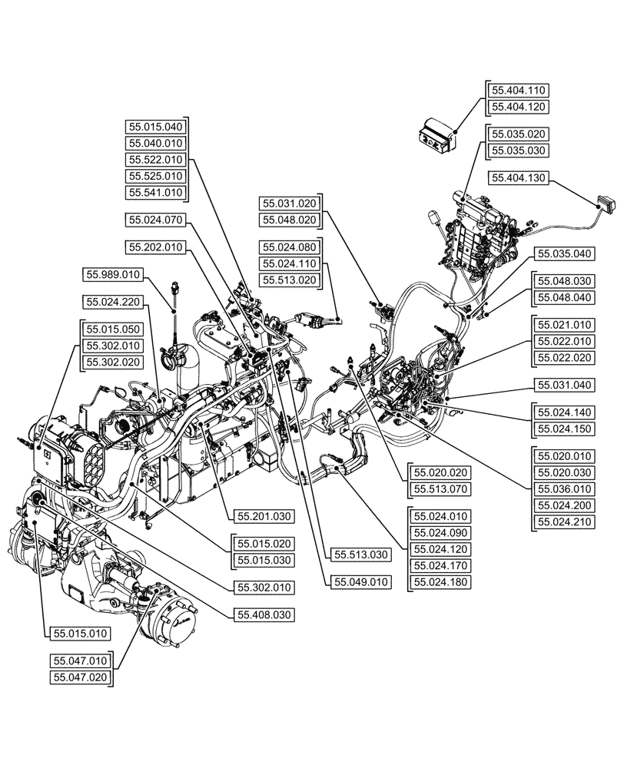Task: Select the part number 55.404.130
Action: point(518,178)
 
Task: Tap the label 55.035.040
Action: point(564,254)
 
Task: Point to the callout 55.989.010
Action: point(114,274)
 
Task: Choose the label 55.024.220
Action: point(114,302)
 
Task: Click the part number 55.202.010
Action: point(156,247)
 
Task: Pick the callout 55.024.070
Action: point(156,220)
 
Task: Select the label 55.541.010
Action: point(156,193)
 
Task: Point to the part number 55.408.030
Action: point(264,614)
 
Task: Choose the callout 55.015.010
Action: point(80,634)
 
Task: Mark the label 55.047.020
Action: point(80,677)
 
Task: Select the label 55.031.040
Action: point(564,385)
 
